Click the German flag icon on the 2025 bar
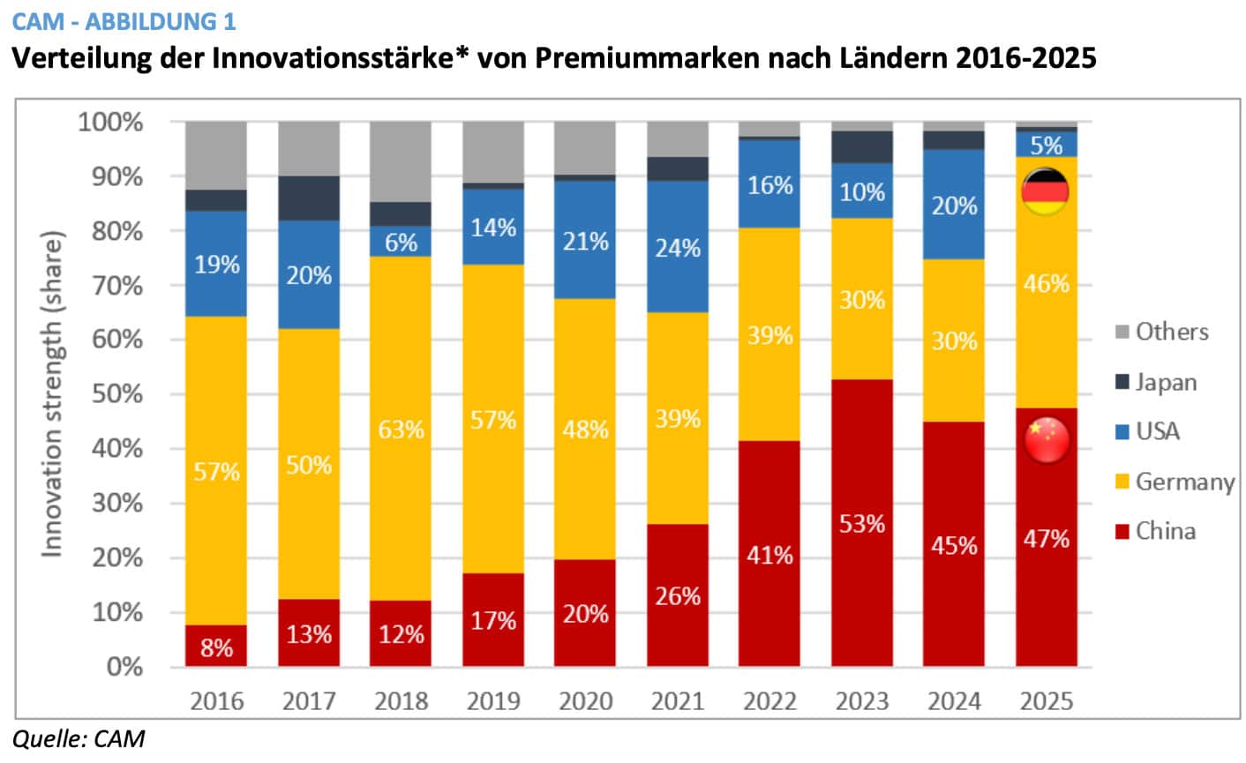1045,191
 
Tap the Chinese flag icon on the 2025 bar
1047,438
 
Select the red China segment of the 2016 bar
216,646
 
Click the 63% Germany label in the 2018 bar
401,430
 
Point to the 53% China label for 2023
861,524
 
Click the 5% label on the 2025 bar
1047,146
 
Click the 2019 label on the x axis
493,701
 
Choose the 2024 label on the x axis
954,701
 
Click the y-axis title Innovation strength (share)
53,394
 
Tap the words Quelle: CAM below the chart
78,738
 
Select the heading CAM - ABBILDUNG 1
124,19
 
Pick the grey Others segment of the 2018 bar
401,161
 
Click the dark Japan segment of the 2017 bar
309,198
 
